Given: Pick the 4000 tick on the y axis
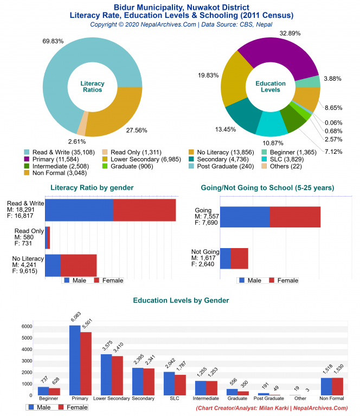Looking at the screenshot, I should [27, 349].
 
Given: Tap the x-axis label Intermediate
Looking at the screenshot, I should [205, 398].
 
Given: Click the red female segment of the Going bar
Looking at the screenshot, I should [295, 217].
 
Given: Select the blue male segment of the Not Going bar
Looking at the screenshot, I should [225, 258].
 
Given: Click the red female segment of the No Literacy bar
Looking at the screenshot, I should [79, 265].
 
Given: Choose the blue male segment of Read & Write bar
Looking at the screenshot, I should [79, 210].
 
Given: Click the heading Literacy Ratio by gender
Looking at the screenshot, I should [92, 187].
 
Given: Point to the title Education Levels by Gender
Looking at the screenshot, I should [181, 300].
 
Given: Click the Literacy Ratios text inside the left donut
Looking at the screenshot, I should [92, 87].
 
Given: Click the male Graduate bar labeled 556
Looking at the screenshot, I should [232, 392].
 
